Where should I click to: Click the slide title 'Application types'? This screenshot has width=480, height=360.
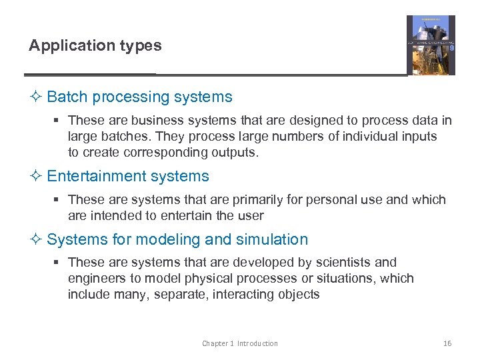95,45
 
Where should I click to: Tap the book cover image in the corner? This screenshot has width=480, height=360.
431,45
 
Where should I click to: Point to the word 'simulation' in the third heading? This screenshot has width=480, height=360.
275,239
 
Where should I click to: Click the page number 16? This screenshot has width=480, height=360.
447,343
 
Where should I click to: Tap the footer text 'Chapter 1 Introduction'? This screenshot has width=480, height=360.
240,343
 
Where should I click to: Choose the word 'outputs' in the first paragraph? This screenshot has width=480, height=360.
235,152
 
